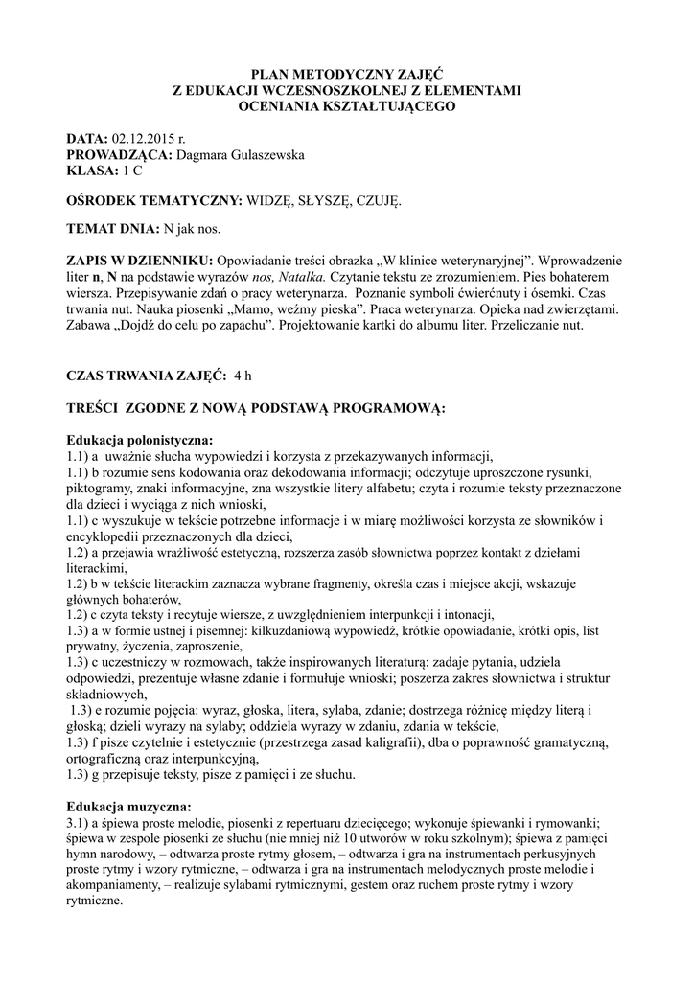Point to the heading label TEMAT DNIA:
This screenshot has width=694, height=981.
[x=109, y=231]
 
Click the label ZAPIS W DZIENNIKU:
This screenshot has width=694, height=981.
[x=140, y=262]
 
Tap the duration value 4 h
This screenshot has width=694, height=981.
[x=246, y=376]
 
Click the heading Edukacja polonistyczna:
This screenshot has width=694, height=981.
[x=139, y=438]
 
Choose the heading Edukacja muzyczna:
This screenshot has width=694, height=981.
[x=128, y=807]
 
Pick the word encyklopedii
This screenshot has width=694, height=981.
[x=110, y=538]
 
